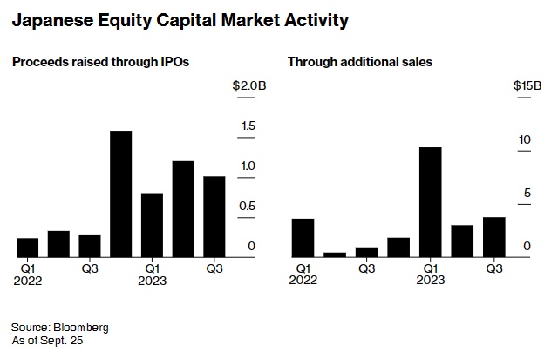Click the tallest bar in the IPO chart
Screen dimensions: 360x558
(120, 194)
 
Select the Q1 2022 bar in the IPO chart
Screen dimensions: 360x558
(28, 248)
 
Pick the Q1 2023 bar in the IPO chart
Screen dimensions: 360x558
(152, 225)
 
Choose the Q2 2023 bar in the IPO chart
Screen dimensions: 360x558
(182, 209)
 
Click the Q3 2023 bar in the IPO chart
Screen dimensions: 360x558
(214, 216)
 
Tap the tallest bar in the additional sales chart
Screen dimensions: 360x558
(431, 202)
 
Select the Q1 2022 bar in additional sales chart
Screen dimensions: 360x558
(303, 237)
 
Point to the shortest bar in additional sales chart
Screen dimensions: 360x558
(335, 255)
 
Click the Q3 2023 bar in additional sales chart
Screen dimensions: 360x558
(494, 236)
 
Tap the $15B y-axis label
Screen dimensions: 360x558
(527, 85)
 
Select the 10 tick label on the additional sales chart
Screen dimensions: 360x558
(525, 139)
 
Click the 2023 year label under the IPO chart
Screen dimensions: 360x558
(152, 281)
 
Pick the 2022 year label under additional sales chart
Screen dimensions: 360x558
(303, 281)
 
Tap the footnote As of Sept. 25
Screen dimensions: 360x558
(47, 341)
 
